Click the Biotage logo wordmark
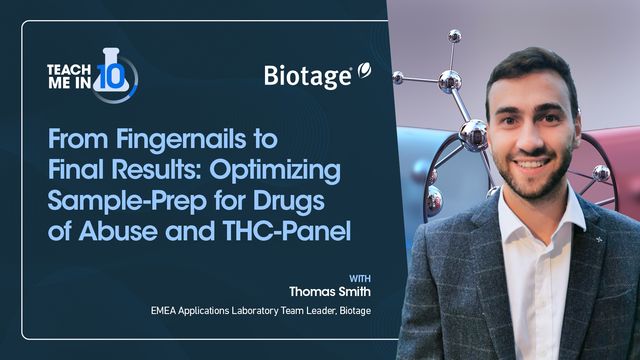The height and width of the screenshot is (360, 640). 307,76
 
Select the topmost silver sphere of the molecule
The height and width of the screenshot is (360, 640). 454,36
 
